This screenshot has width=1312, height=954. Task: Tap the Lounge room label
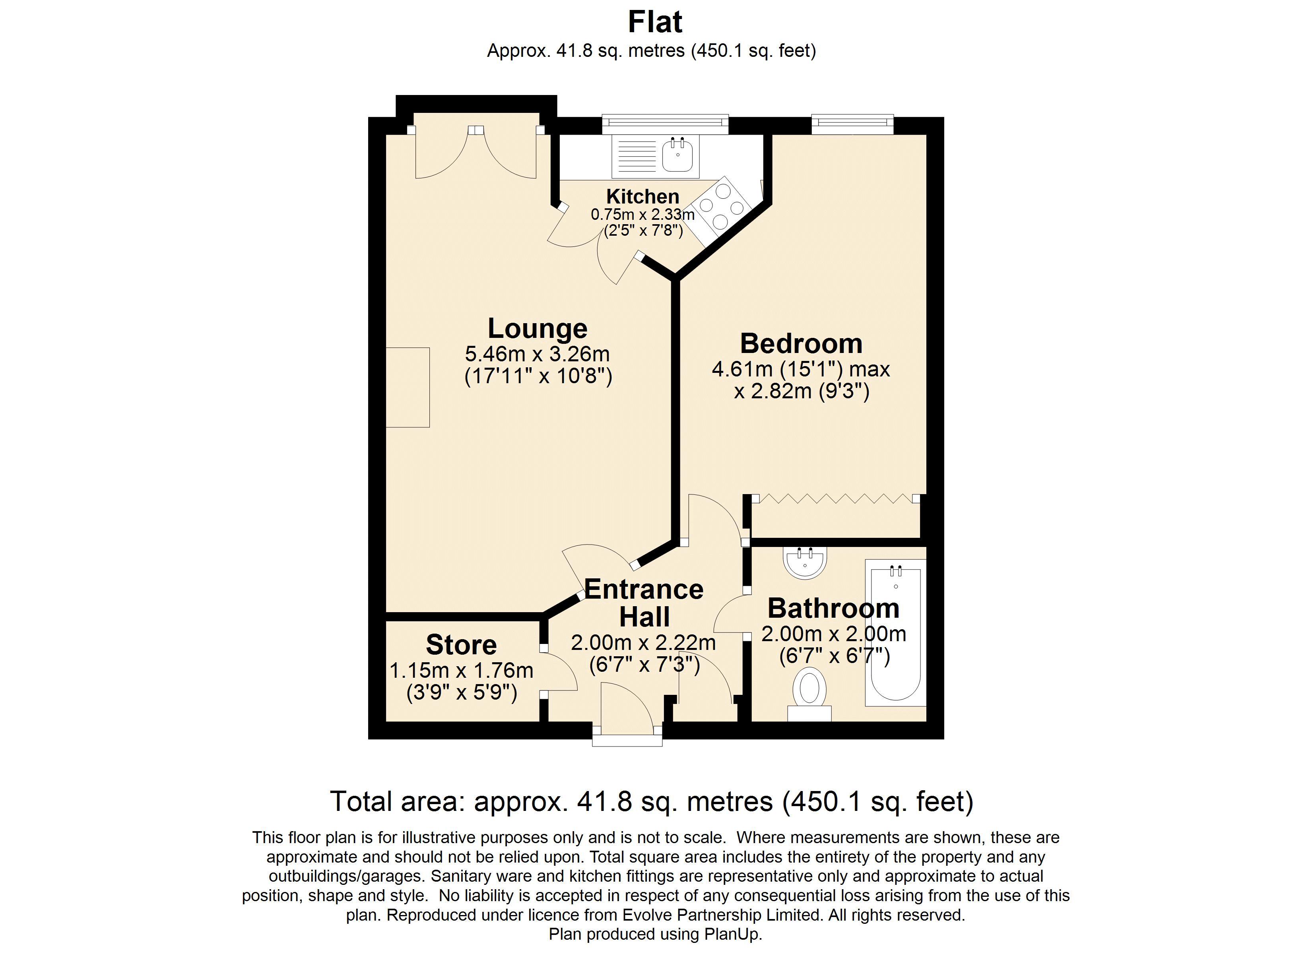tap(538, 329)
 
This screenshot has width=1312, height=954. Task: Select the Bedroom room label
tap(801, 344)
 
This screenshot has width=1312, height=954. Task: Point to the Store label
tap(461, 644)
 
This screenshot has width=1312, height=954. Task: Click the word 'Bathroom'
tap(833, 608)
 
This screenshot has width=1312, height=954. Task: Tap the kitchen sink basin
tap(677, 155)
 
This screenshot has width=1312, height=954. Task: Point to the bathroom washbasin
tap(805, 562)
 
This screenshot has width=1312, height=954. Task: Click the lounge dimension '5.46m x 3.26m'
tap(538, 353)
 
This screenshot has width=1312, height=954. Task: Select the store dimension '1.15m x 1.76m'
tap(461, 671)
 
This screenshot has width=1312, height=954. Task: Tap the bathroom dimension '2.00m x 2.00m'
tap(833, 634)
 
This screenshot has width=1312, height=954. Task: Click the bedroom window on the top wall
tap(852, 123)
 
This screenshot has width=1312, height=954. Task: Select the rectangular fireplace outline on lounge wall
tap(408, 387)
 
